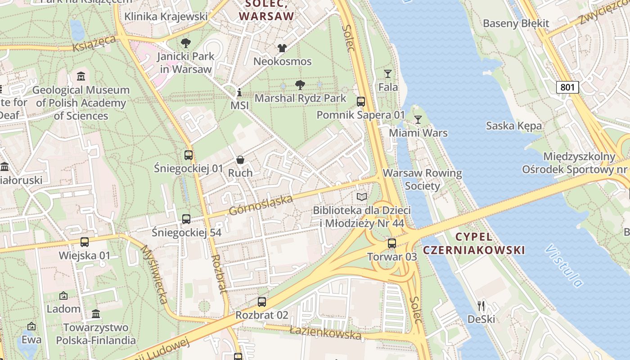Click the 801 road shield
pos(567,87)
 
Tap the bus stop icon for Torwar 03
pos(392,243)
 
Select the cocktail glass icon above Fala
pos(387,74)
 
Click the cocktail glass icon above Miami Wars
pos(418,120)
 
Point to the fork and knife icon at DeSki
pos(481,306)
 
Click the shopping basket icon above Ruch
pos(240,160)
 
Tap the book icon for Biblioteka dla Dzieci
pos(362,197)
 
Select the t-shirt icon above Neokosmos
pos(282,48)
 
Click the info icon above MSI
pos(239,93)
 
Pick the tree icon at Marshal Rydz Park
pos(300,85)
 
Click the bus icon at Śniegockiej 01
pos(189,155)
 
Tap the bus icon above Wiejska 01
pos(85,242)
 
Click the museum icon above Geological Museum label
pos(81,76)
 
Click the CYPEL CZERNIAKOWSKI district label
pos(474,243)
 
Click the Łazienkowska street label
pos(325,333)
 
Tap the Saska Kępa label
pos(513,126)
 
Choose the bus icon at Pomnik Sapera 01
pos(361,102)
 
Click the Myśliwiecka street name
pos(155,274)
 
